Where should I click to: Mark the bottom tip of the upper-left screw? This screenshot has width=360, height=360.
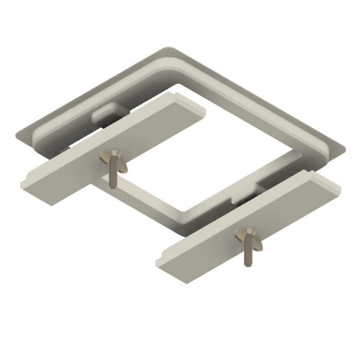coord(113,186)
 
